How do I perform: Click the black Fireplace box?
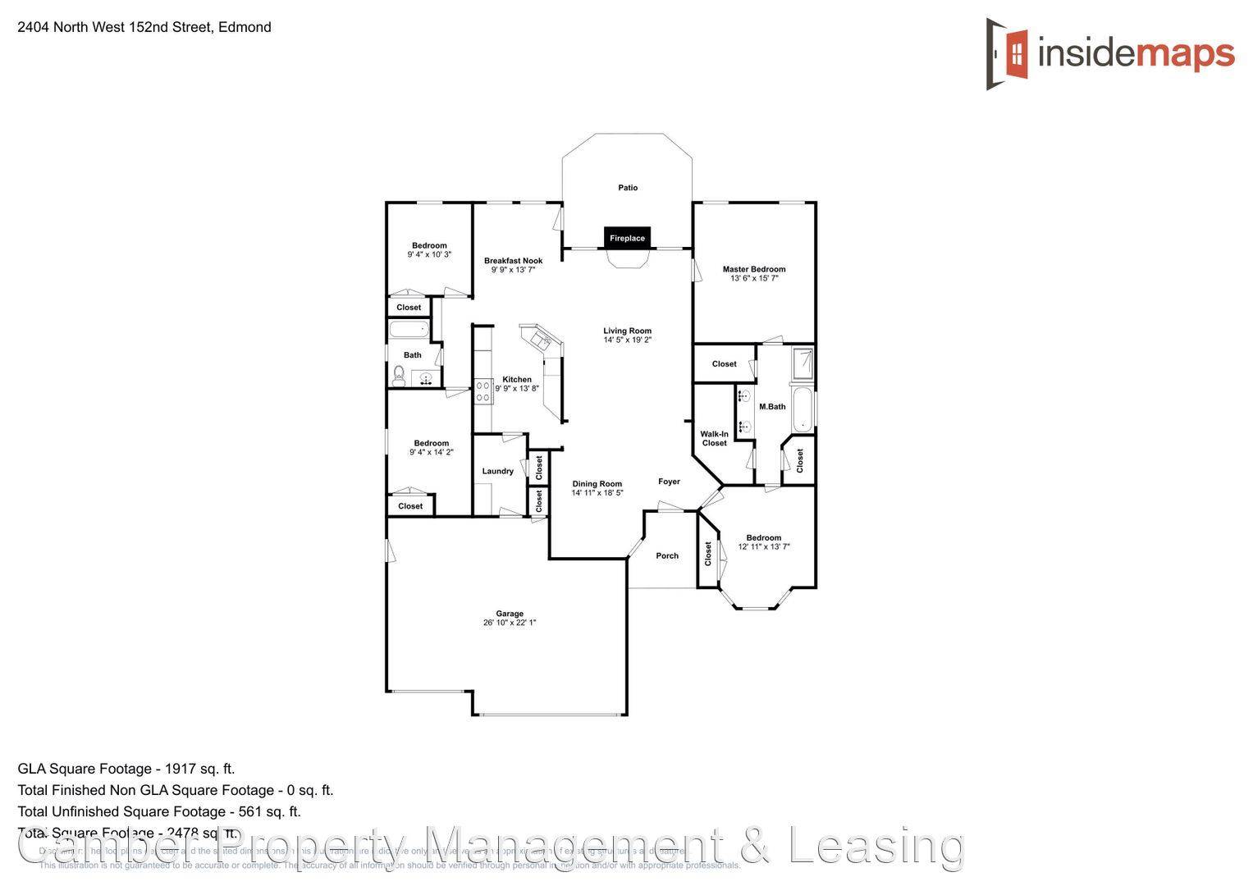pos(627,238)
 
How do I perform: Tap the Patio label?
pos(628,188)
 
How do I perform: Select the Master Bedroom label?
pos(753,269)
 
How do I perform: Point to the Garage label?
pos(510,614)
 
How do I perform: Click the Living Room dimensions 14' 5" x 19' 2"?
pos(627,340)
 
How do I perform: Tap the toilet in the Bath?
pos(399,376)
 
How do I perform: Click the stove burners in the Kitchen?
pos(482,390)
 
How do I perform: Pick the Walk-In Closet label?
pos(714,439)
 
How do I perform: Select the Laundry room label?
pos(497,471)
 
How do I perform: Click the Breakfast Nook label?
pos(513,261)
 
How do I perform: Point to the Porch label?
pos(667,555)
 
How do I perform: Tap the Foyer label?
pos(669,482)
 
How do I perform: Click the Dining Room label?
pos(597,484)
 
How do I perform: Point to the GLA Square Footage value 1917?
pos(178,769)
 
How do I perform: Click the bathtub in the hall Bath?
pos(409,331)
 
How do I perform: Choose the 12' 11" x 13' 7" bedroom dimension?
pos(763,546)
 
